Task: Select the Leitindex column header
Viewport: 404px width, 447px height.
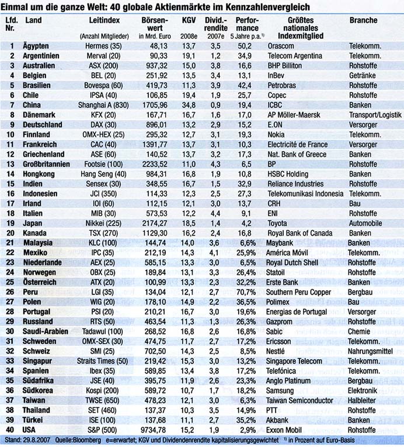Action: [105, 20]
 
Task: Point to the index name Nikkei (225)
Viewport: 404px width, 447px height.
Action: [105, 222]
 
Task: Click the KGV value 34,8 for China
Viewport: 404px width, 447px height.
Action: [188, 105]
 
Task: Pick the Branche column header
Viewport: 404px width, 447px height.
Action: [363, 20]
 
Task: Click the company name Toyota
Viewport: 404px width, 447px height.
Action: [277, 222]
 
